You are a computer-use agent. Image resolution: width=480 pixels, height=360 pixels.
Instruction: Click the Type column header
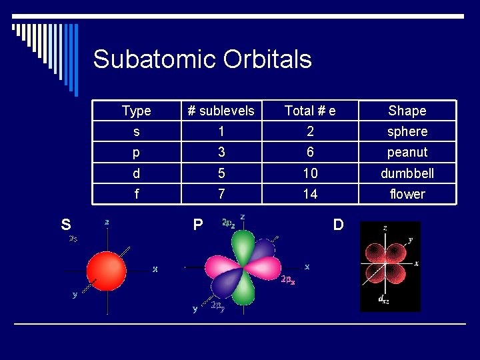137,111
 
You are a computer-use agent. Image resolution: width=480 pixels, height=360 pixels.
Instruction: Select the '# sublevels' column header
221,111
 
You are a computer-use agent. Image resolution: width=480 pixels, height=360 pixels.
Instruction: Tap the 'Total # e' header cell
310,111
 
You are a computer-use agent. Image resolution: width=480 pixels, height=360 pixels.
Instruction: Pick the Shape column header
407,111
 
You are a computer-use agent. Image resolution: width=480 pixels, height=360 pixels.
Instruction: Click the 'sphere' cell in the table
407,131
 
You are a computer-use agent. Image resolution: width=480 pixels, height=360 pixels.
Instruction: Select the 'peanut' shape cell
407,152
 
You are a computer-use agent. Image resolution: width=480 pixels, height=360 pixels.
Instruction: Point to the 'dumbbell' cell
407,173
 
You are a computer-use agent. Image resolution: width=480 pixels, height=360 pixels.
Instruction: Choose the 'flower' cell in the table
407,194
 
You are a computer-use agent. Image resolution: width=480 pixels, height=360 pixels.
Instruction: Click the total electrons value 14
310,194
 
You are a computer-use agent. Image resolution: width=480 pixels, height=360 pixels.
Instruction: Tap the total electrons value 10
310,173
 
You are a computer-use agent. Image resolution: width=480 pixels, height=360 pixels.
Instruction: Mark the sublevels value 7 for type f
221,194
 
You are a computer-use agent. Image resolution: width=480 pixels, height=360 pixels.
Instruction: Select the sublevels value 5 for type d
221,173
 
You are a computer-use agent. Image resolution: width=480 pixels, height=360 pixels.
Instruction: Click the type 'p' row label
137,152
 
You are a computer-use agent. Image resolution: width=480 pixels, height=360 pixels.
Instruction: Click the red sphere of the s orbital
106,270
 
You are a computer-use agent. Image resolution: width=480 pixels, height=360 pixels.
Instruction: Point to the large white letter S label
66,225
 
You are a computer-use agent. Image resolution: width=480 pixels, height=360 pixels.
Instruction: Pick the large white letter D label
338,225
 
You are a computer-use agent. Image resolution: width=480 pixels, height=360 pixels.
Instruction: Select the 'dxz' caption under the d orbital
384,301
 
